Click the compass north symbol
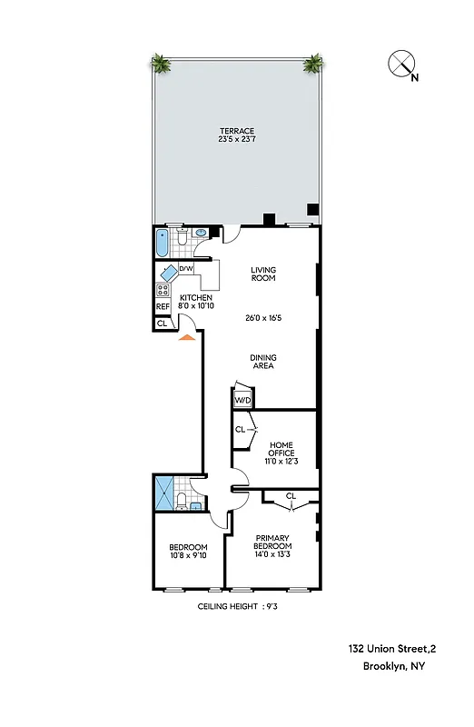click(401, 65)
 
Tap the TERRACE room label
click(236, 130)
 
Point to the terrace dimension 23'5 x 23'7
click(236, 139)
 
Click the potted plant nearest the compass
click(313, 63)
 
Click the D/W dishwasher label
click(185, 269)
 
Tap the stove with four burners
click(163, 291)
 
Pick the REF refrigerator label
click(163, 307)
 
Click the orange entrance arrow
click(186, 337)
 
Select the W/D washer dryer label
click(242, 400)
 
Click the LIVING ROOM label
click(263, 274)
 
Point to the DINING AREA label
click(262, 362)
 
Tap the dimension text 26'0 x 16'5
click(264, 319)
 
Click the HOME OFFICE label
click(281, 449)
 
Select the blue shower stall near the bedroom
click(164, 493)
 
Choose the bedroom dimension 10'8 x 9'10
click(189, 555)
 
